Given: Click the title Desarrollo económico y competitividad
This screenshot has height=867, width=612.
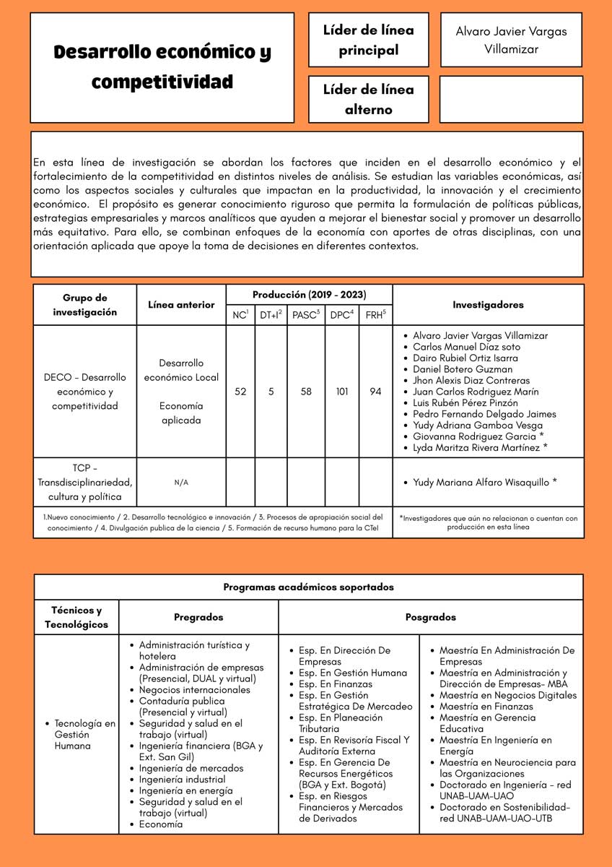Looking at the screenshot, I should pyautogui.click(x=162, y=67).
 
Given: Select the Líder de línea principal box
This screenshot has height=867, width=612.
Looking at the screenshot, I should pyautogui.click(x=368, y=40).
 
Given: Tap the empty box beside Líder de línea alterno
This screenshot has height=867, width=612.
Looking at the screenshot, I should pyautogui.click(x=510, y=100).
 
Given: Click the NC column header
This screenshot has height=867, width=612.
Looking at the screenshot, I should pyautogui.click(x=240, y=314).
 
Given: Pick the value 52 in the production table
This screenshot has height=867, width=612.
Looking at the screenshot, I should pyautogui.click(x=240, y=392).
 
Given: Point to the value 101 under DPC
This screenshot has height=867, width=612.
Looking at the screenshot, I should pyautogui.click(x=342, y=392).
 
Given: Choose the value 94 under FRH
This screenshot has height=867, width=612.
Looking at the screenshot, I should pyautogui.click(x=375, y=392).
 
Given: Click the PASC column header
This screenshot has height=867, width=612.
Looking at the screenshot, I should pyautogui.click(x=306, y=314).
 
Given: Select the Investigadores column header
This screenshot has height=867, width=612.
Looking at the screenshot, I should pyautogui.click(x=488, y=305).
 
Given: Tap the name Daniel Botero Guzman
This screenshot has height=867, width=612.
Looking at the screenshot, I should pyautogui.click(x=463, y=369).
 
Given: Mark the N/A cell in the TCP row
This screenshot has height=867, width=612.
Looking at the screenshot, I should pyautogui.click(x=181, y=483).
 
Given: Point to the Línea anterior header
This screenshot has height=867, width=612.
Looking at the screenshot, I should pyautogui.click(x=181, y=305).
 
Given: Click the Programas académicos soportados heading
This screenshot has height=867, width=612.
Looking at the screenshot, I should pyautogui.click(x=308, y=587).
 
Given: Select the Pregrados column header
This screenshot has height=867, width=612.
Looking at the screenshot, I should pyautogui.click(x=198, y=617).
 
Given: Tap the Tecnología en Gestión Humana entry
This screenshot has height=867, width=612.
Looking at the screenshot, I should pyautogui.click(x=84, y=734).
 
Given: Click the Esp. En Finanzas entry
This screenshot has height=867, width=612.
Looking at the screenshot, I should pyautogui.click(x=336, y=683).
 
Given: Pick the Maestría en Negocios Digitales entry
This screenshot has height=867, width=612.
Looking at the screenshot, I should pyautogui.click(x=508, y=695).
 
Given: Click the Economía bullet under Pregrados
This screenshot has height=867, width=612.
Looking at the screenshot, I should pyautogui.click(x=161, y=824).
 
